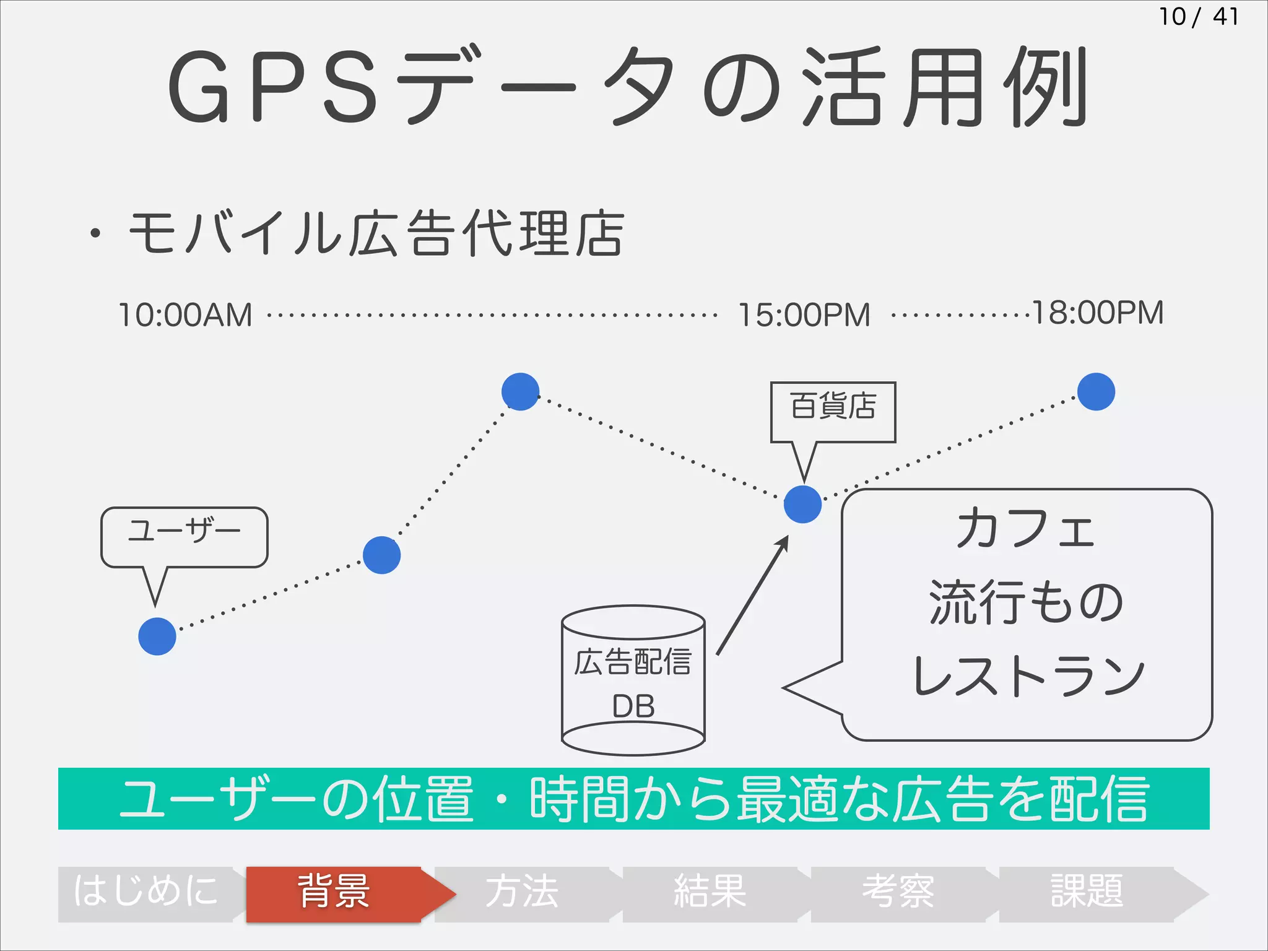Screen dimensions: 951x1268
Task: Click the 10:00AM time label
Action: click(x=185, y=315)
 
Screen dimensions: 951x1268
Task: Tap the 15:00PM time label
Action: click(x=804, y=315)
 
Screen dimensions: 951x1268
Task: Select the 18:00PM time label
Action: click(x=1097, y=313)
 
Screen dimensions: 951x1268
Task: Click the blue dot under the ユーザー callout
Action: click(x=157, y=636)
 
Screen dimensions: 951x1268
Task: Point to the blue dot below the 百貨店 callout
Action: click(x=802, y=504)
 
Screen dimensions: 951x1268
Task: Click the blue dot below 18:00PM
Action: click(x=1096, y=391)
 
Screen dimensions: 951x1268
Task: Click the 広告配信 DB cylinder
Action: click(x=633, y=681)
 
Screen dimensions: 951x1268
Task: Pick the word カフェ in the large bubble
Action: click(x=1026, y=529)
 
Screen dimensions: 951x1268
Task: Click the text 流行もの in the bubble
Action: click(x=1026, y=602)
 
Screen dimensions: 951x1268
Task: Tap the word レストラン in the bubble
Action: click(x=1028, y=676)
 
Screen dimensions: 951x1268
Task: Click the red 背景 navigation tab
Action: click(x=334, y=893)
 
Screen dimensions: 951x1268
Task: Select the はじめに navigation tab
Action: click(x=146, y=893)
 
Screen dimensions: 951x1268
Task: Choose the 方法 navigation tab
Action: click(x=522, y=893)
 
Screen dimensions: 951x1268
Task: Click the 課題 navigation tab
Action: click(x=1087, y=893)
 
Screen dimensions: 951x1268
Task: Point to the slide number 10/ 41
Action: click(x=1198, y=17)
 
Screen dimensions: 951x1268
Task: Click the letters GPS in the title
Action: click(x=272, y=87)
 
